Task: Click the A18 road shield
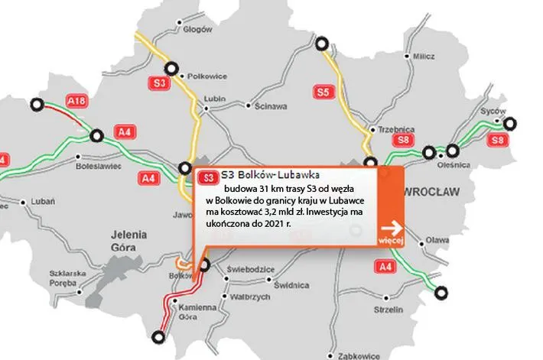coord(75,100)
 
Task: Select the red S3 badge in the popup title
coord(206,177)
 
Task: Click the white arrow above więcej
coord(393,227)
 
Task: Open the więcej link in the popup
coord(391,242)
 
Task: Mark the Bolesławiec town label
coord(99,164)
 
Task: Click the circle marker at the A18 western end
coord(35,106)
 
